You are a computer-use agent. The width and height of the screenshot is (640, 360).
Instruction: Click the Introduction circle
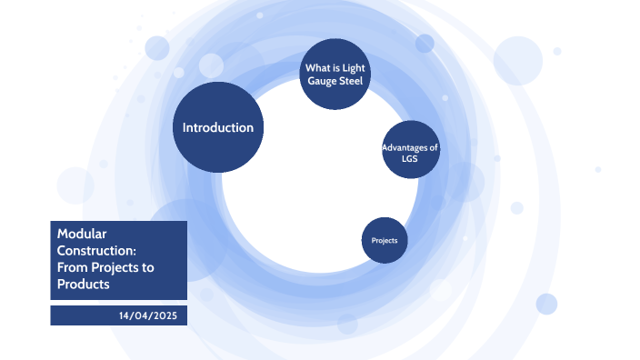[218, 127]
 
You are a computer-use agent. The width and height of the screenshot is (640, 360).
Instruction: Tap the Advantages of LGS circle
[410, 153]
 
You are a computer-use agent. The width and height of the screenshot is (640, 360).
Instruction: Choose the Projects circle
[385, 240]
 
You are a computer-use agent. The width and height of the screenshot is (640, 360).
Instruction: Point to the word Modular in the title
[78, 234]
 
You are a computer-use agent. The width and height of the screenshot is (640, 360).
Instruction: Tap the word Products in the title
[83, 285]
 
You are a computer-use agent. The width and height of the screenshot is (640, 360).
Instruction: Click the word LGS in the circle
[410, 159]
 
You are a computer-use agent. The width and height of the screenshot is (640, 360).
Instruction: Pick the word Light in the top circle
[352, 67]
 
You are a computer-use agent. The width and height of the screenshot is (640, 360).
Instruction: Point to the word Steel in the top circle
[350, 81]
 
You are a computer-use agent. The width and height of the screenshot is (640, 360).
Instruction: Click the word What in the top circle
[315, 67]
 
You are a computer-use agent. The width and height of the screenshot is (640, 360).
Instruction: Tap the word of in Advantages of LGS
[435, 147]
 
